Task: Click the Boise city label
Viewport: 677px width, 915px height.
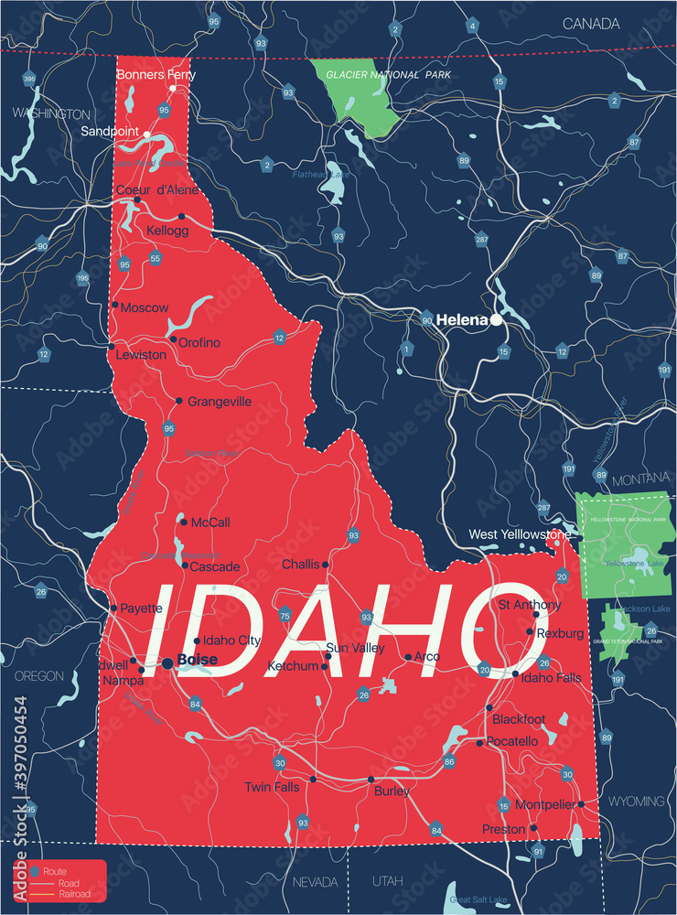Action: pyautogui.click(x=198, y=660)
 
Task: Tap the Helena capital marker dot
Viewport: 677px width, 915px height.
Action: pyautogui.click(x=496, y=320)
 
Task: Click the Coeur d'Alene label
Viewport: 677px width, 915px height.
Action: pyautogui.click(x=158, y=190)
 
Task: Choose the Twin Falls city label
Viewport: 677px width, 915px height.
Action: pyautogui.click(x=272, y=787)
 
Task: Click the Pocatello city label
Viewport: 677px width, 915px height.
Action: pyautogui.click(x=512, y=741)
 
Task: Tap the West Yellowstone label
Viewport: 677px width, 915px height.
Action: pyautogui.click(x=520, y=534)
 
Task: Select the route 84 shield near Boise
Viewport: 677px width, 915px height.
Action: pyautogui.click(x=195, y=704)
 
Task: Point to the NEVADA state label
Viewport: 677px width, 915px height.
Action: pyautogui.click(x=314, y=881)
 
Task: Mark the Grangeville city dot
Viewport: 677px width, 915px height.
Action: pyautogui.click(x=179, y=401)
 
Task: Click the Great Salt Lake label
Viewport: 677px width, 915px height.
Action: pyautogui.click(x=473, y=899)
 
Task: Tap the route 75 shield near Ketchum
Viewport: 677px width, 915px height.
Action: pyautogui.click(x=285, y=615)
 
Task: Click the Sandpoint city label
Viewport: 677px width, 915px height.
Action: pyautogui.click(x=110, y=132)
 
